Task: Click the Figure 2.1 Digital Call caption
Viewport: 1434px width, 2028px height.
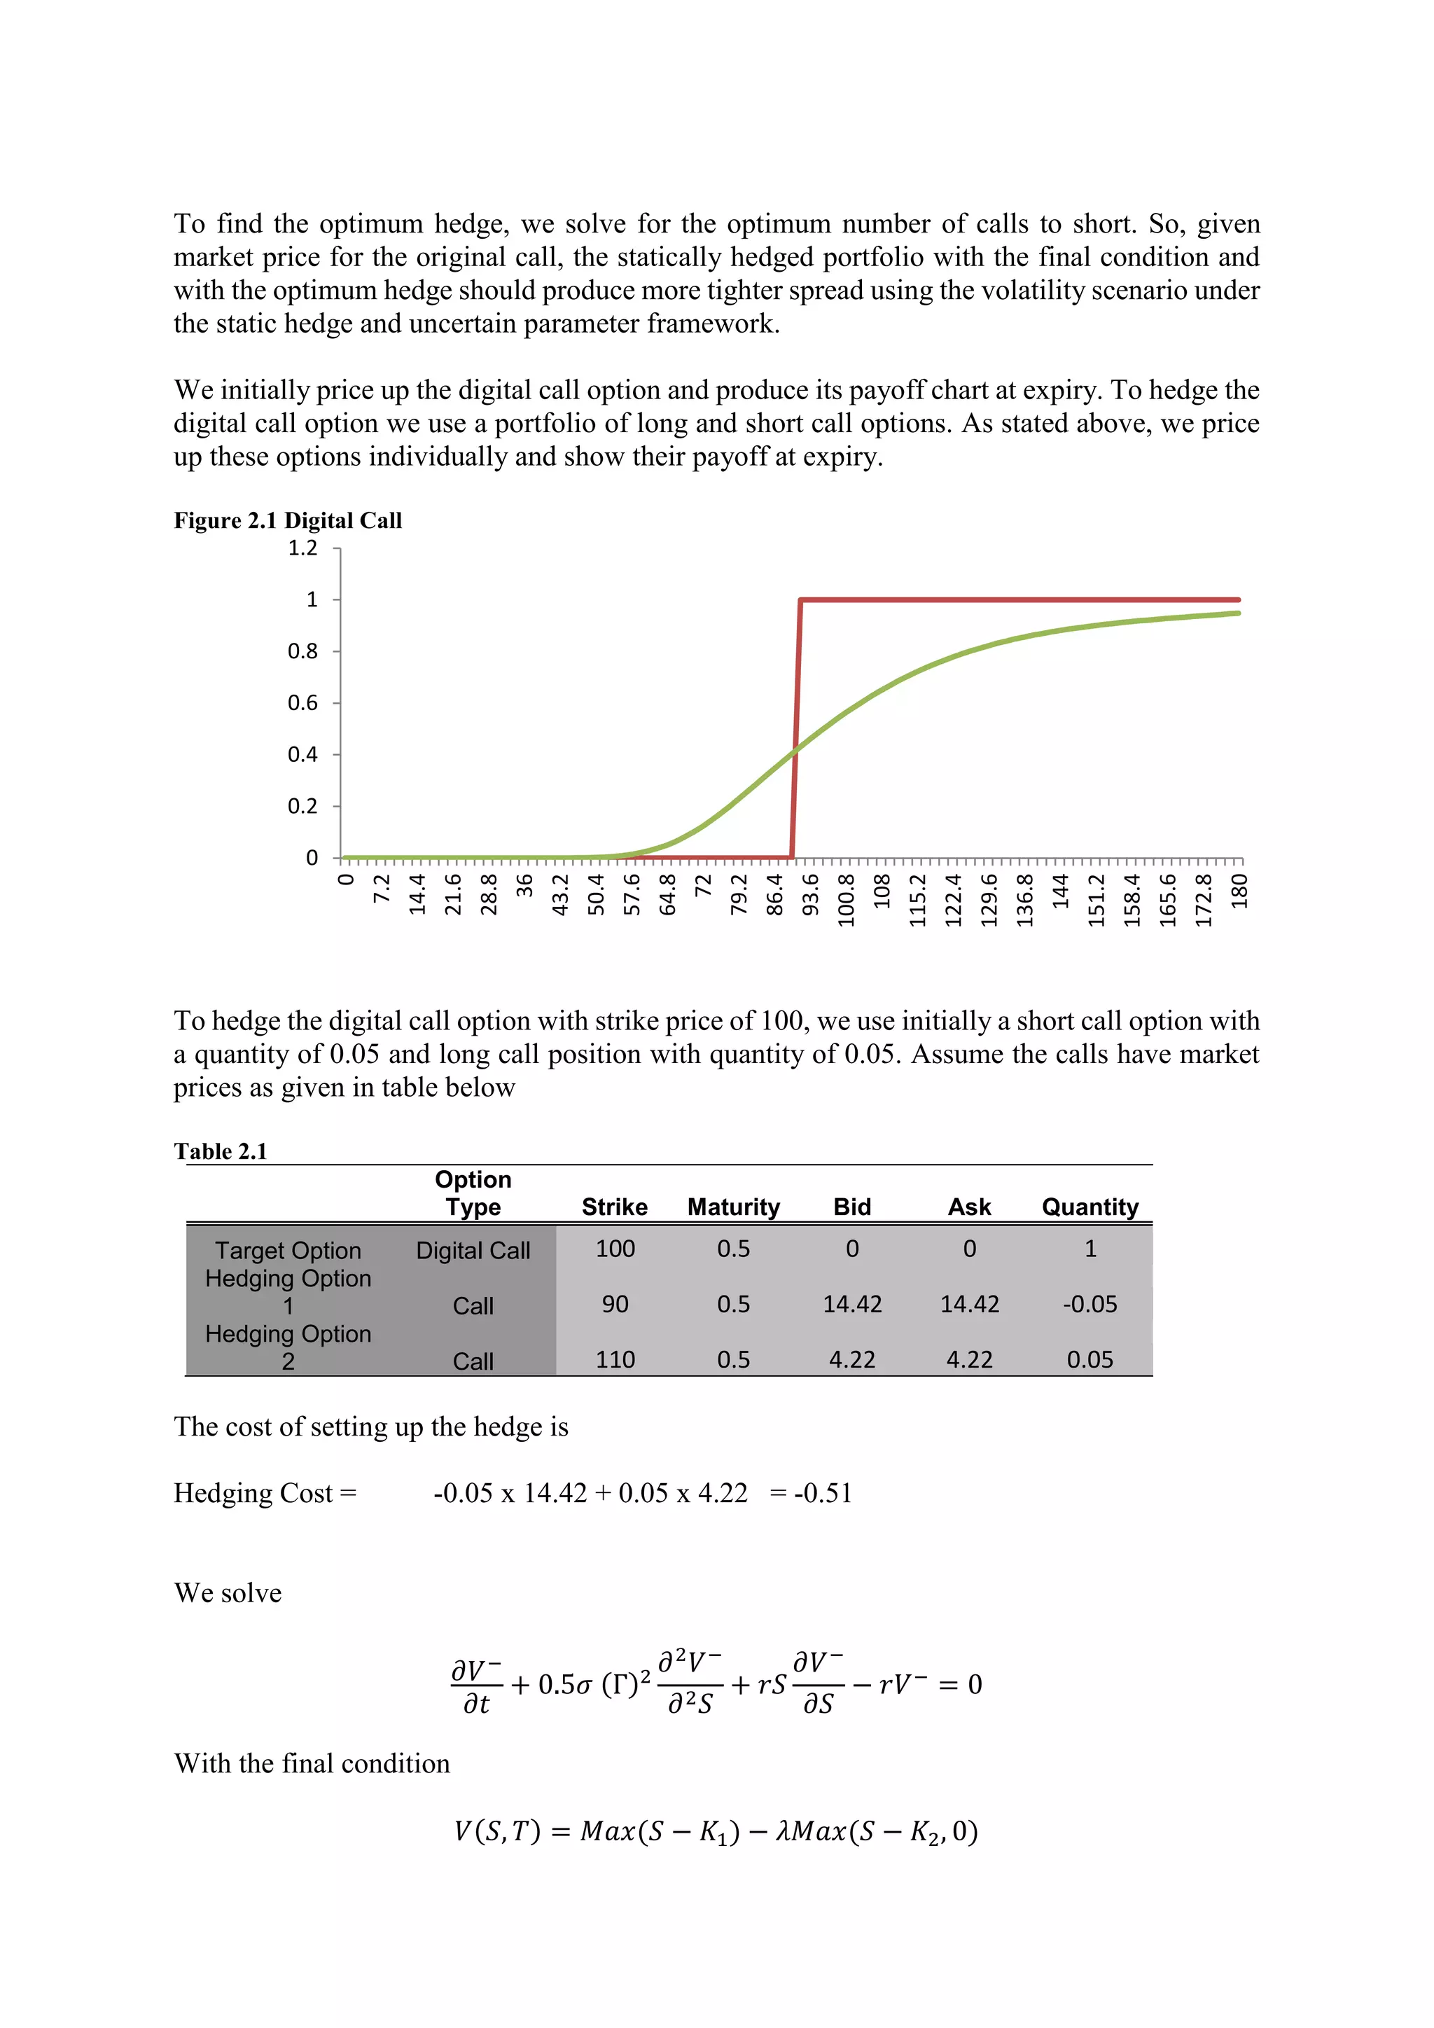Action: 288,520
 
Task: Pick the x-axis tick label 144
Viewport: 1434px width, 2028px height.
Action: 1061,891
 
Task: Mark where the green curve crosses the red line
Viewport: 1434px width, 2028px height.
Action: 795,750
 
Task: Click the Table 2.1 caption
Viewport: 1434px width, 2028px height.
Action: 220,1151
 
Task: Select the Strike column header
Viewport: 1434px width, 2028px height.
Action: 615,1207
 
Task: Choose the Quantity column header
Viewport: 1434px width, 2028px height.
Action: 1090,1207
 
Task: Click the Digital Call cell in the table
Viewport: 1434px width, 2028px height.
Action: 473,1250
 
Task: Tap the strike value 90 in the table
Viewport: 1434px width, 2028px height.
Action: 615,1304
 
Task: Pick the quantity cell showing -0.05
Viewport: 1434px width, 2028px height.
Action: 1090,1304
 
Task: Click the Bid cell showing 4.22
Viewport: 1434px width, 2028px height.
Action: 852,1359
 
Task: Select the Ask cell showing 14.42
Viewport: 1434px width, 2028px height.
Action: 970,1304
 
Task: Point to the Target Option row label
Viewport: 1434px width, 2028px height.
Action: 288,1250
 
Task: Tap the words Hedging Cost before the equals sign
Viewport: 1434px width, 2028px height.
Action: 253,1493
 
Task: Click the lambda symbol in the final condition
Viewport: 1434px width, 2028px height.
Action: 782,1831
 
